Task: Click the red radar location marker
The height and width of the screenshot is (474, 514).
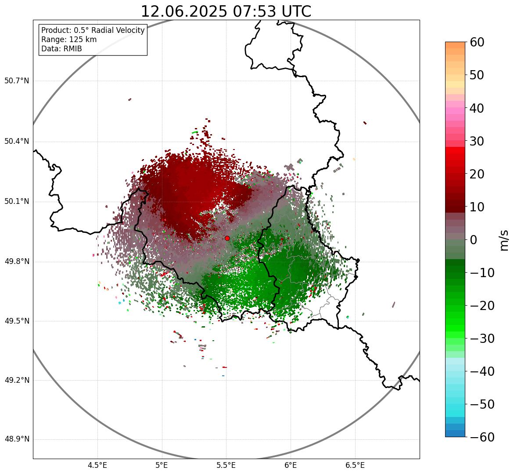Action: pos(227,238)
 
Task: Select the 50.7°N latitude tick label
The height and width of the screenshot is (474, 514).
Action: pos(16,81)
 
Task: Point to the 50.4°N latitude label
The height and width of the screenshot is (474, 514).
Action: pos(16,142)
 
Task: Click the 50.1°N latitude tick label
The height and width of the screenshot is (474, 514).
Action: pos(16,202)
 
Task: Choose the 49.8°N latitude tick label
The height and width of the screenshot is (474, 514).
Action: pos(16,262)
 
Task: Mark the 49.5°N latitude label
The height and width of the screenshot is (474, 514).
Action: pos(16,321)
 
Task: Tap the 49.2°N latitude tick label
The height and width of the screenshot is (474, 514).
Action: pos(16,380)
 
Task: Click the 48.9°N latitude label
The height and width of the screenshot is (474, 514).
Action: pos(16,439)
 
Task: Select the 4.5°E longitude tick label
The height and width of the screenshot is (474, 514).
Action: pos(97,465)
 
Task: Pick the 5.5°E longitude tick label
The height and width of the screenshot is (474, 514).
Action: pos(226,465)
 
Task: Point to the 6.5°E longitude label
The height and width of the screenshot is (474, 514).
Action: pos(355,465)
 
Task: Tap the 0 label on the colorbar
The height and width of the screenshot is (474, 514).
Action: pos(474,240)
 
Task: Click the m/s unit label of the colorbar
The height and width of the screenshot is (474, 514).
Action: pos(504,240)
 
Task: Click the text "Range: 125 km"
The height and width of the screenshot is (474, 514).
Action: pos(69,39)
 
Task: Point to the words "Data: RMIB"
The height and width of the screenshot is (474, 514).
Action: pos(61,49)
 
